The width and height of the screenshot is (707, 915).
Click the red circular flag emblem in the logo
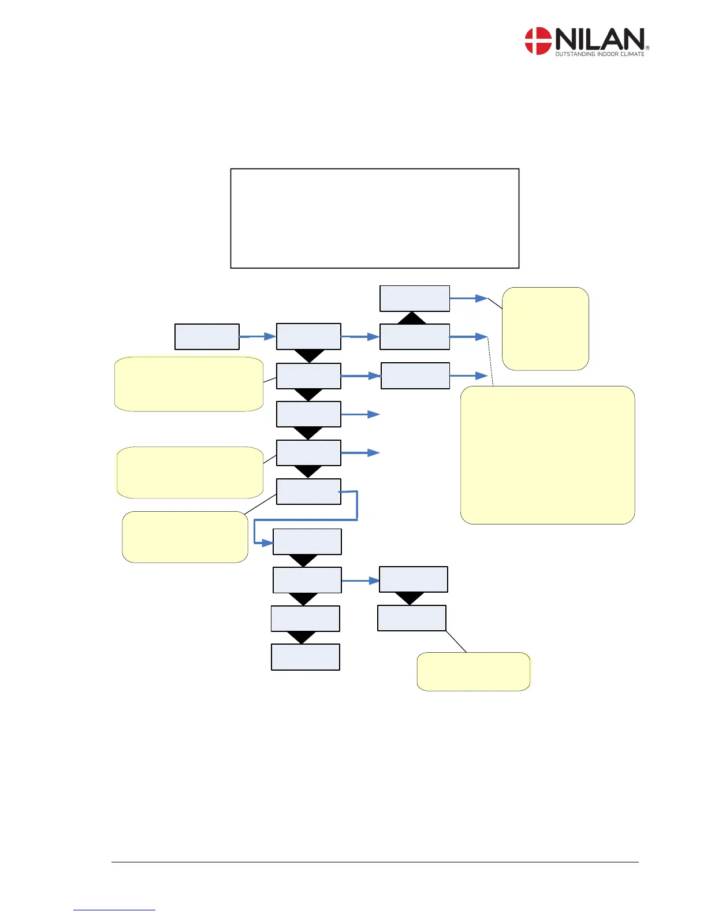538,41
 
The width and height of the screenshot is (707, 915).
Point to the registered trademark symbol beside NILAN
648,48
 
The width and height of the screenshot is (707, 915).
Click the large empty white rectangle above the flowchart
374,218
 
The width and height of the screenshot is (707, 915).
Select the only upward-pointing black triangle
412,318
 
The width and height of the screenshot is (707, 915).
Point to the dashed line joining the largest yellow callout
490,361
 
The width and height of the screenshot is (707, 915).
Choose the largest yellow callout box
548,455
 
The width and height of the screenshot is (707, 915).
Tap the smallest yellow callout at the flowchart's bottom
473,671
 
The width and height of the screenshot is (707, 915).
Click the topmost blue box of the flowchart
414,298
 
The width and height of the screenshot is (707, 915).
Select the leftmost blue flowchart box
207,337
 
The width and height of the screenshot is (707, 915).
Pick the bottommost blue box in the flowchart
305,657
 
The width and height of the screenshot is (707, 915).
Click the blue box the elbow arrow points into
307,542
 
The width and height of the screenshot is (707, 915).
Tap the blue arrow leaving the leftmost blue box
257,336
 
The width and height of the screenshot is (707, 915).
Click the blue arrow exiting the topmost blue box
468,298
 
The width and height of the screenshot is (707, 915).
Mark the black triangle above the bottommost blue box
302,637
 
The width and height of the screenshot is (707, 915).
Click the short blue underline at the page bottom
114,910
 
